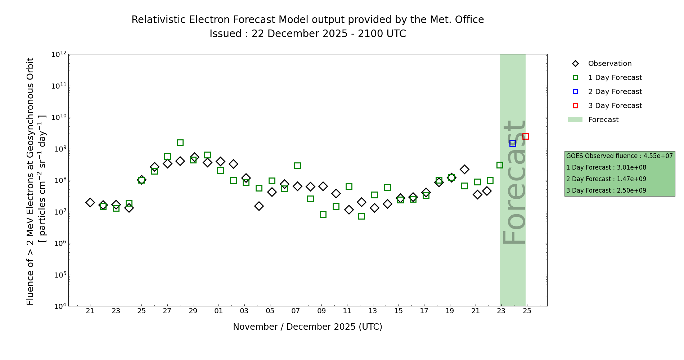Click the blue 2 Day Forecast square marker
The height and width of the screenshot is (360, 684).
pos(513,143)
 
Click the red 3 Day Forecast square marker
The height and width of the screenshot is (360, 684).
pos(526,136)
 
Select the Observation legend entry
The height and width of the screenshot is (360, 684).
pos(609,64)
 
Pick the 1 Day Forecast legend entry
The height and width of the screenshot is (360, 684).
pos(615,78)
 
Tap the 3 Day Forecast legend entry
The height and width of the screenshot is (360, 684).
pos(615,106)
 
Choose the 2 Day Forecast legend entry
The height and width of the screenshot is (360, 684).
pos(615,92)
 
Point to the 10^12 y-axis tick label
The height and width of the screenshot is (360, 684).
pos(59,54)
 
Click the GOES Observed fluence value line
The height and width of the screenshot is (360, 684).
pos(619,156)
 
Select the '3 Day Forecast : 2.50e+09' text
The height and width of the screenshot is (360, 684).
pos(606,190)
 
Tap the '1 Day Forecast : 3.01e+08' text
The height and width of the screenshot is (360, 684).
pos(606,167)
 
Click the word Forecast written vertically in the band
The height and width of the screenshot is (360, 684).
pos(514,182)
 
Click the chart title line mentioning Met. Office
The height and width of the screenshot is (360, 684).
pos(307,20)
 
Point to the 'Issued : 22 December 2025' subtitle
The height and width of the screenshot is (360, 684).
pos(307,34)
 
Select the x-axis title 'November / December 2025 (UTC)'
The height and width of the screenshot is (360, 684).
pos(307,327)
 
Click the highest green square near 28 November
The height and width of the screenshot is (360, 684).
pos(180,143)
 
